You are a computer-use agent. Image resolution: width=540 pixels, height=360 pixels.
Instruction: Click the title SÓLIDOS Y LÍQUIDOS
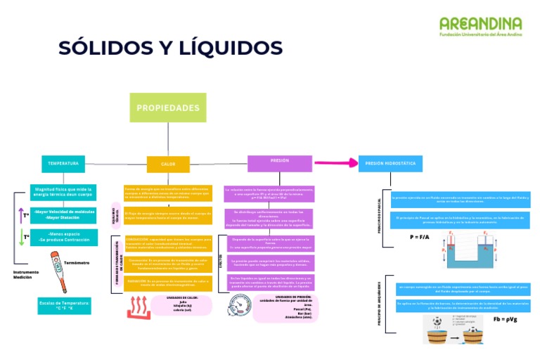pos(170,48)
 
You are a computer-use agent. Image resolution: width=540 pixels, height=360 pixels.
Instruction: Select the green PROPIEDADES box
pos(168,108)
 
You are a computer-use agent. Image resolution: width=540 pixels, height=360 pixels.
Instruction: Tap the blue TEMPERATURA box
pos(63,163)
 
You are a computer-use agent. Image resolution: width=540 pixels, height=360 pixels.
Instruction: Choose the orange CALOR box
pos(168,164)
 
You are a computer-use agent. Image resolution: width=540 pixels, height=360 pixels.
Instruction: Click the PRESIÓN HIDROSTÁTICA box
pos(390,163)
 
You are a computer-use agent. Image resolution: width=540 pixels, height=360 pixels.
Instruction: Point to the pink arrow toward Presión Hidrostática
pos(336,162)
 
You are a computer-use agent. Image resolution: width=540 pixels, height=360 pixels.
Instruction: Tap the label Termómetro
pos(76,262)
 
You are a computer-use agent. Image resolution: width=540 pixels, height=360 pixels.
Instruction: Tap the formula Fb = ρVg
pos(505,319)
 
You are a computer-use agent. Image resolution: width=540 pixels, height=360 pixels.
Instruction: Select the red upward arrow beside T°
pos(22,214)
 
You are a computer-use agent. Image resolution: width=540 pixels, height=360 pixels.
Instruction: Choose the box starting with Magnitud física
pos(64,193)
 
